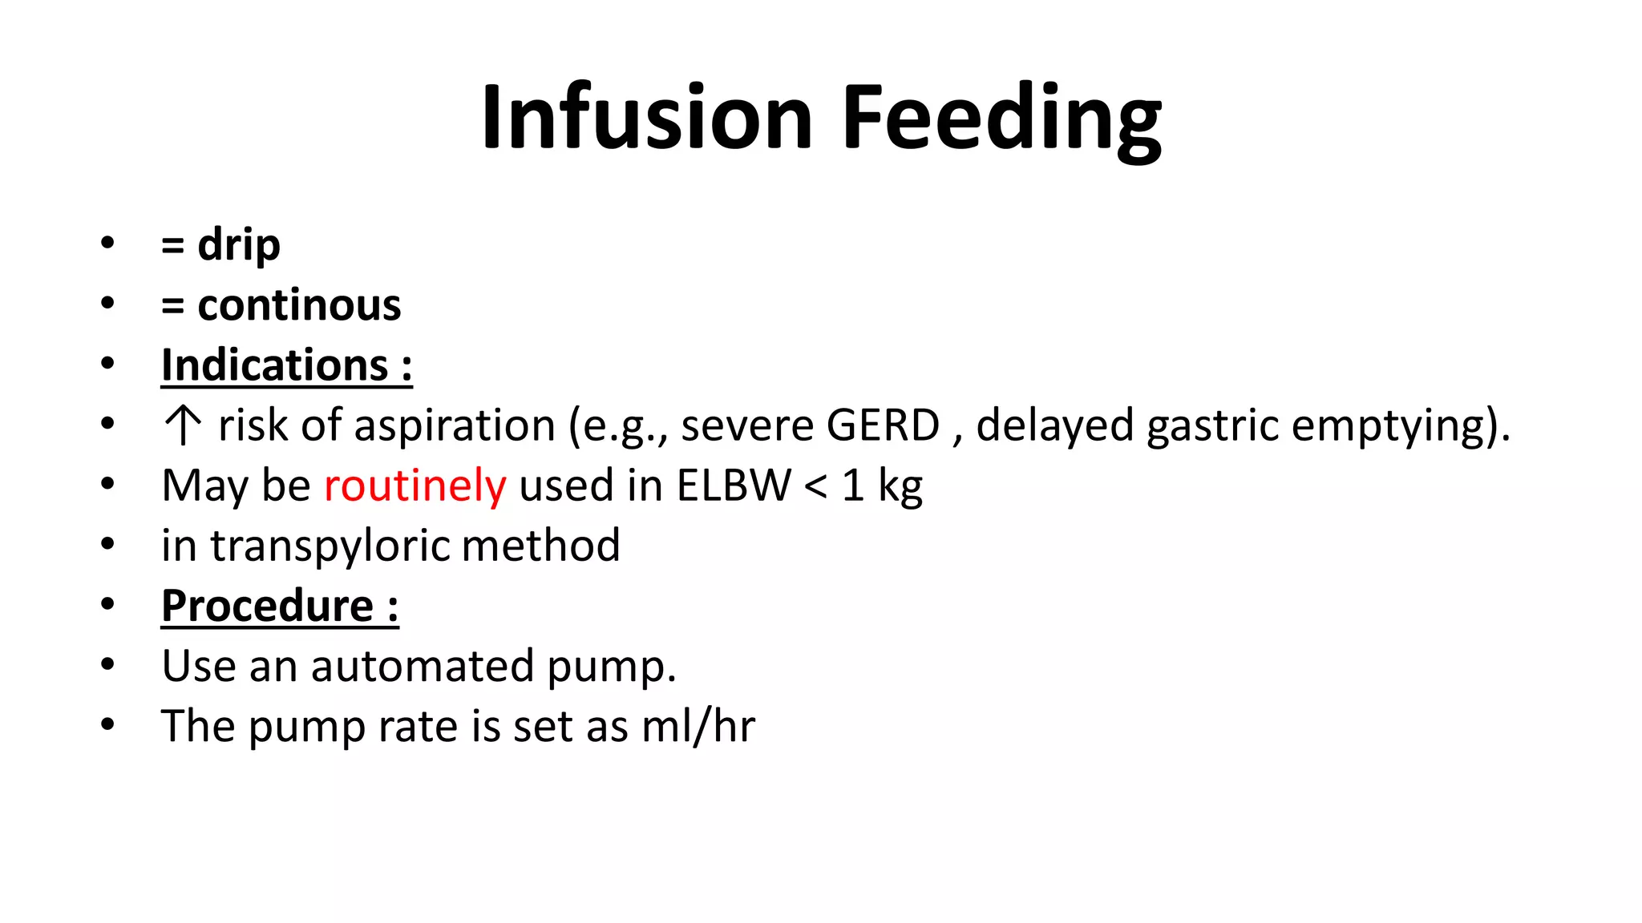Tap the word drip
[239, 244]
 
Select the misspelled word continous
[299, 305]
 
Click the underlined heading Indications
[275, 365]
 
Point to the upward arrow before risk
[183, 425]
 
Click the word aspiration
[455, 425]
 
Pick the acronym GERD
[883, 425]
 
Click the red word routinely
[415, 486]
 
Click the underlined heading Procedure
[268, 606]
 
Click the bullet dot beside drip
[107, 242]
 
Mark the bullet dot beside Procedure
[107, 603]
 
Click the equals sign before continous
[172, 306]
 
